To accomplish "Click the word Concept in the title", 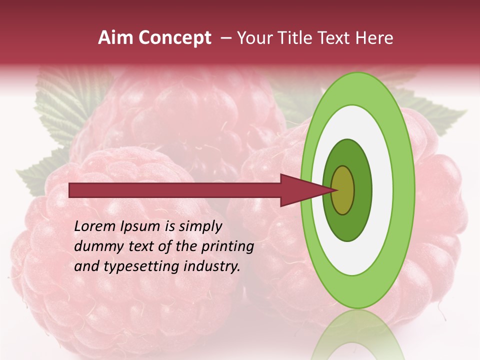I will coord(175,38).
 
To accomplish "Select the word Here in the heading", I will coord(374,38).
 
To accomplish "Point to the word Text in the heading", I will coord(336,38).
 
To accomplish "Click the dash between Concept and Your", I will coord(225,38).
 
